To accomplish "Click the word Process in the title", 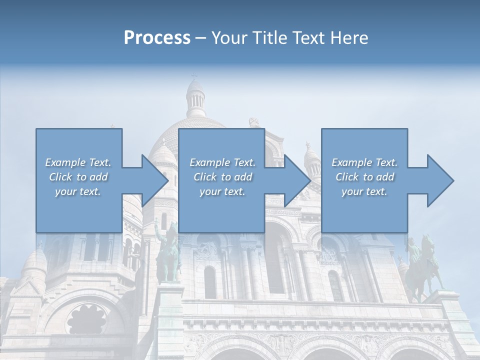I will click(157, 38).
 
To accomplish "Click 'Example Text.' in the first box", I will click(78, 162).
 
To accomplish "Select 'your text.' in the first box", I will click(78, 191).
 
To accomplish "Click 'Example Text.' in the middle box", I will click(222, 162).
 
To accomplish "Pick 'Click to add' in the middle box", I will click(222, 177).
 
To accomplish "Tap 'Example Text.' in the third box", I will click(364, 162).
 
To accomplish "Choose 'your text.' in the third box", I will click(364, 191).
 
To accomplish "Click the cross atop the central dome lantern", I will click(194, 76).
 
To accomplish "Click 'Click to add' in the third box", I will click(364, 177).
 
